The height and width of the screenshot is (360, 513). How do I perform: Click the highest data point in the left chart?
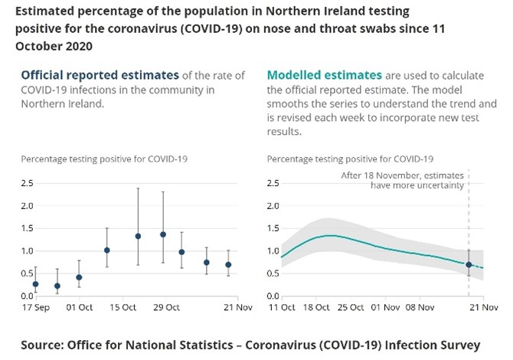(x=163, y=234)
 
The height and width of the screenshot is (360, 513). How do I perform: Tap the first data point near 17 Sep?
(x=35, y=284)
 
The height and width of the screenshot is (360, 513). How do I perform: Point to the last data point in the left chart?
(x=228, y=265)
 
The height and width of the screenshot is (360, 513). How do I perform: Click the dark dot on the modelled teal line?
(x=469, y=264)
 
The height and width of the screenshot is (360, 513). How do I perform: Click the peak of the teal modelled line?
(x=329, y=235)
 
